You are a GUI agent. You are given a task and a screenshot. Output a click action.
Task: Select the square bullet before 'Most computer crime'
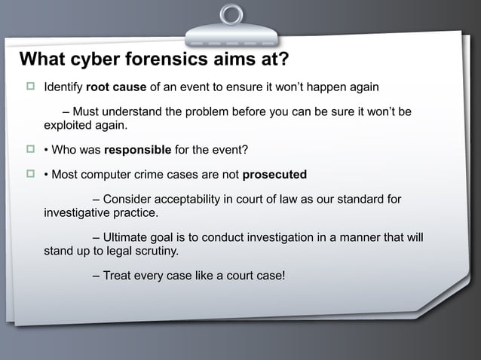tap(30, 175)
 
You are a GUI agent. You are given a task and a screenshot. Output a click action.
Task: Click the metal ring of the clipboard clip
tap(231, 14)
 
